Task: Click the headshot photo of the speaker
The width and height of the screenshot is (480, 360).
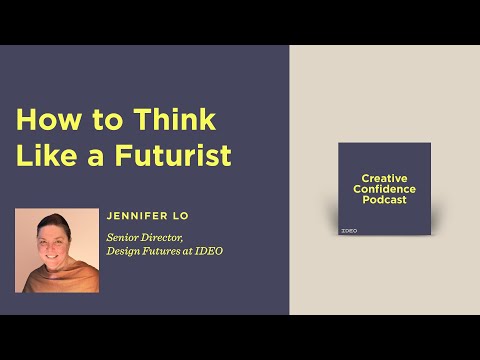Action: [57, 250]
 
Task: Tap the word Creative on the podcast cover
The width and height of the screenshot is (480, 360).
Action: [384, 178]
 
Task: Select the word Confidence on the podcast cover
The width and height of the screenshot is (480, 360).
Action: [384, 189]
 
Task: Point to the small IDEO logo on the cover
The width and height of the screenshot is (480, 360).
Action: [349, 230]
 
